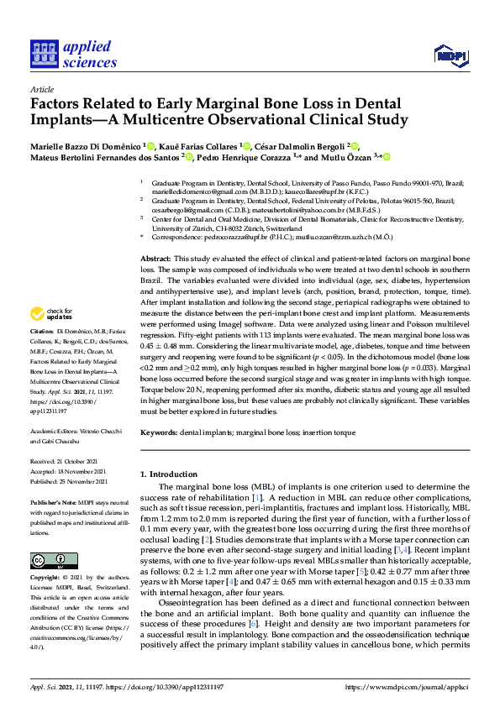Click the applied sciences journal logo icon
[x=42, y=55]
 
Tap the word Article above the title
[x=41, y=89]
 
